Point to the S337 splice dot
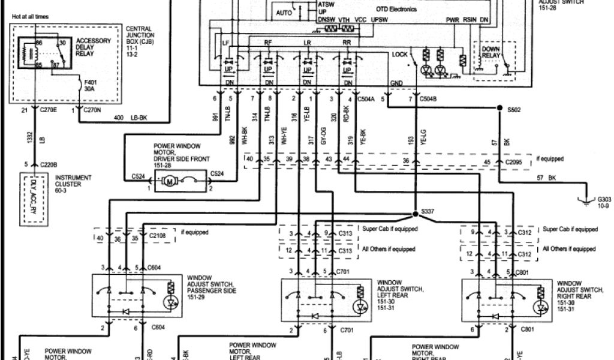pyautogui.click(x=415, y=213)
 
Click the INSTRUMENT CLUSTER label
pyautogui.click(x=73, y=181)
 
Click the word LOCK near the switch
pyautogui.click(x=400, y=55)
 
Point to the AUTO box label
pyautogui.click(x=284, y=12)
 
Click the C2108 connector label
pyautogui.click(x=157, y=238)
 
